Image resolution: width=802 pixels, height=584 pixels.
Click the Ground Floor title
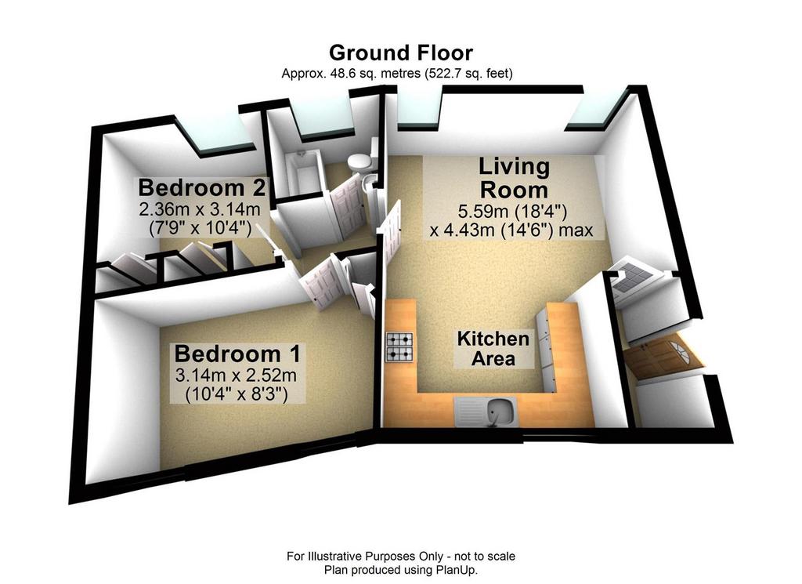(x=401, y=53)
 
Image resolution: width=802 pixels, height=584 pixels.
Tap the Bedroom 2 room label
(x=201, y=188)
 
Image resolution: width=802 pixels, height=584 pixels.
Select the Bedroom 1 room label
(x=237, y=354)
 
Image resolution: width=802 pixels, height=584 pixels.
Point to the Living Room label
(x=514, y=178)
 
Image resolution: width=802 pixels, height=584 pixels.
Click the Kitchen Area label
(x=493, y=349)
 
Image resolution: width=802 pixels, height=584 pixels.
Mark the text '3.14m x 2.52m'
(x=236, y=375)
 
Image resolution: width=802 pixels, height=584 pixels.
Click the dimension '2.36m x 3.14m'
(x=200, y=209)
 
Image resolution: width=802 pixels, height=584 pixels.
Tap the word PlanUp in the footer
(x=456, y=570)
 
